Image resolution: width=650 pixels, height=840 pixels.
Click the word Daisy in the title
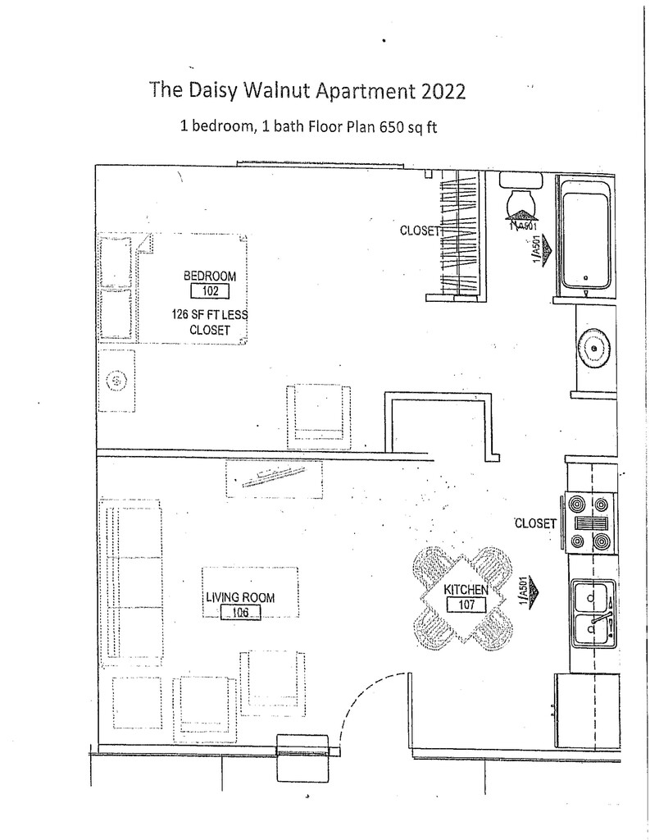211,90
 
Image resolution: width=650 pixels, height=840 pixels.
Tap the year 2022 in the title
443,91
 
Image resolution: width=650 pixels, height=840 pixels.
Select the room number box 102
211,291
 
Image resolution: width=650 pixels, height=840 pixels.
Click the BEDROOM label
210,276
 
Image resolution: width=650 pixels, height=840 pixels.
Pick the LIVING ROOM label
240,597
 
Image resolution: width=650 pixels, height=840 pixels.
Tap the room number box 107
466,605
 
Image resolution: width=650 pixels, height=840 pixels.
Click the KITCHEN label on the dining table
466,589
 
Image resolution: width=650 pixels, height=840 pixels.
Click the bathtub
585,235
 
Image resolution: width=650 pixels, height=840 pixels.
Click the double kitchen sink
593,614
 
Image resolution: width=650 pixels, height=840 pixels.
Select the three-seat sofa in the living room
130,583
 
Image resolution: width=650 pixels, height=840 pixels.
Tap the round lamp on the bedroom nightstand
116,381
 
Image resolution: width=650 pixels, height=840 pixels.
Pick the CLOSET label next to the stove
535,523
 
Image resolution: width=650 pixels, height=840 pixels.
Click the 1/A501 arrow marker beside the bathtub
541,249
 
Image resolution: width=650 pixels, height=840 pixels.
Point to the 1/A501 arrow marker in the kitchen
530,592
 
